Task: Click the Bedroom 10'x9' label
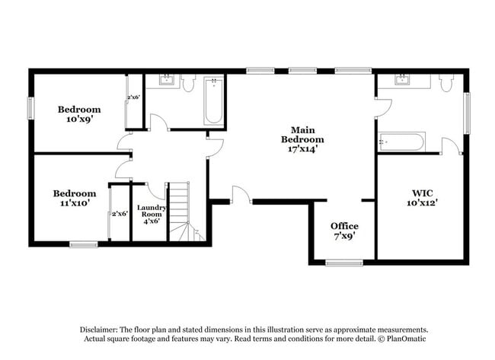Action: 79,114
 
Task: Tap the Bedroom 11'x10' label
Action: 74,198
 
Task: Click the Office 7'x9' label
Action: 344,231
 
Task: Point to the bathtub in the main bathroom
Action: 401,142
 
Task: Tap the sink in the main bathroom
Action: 401,79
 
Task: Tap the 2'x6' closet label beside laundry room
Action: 120,214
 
